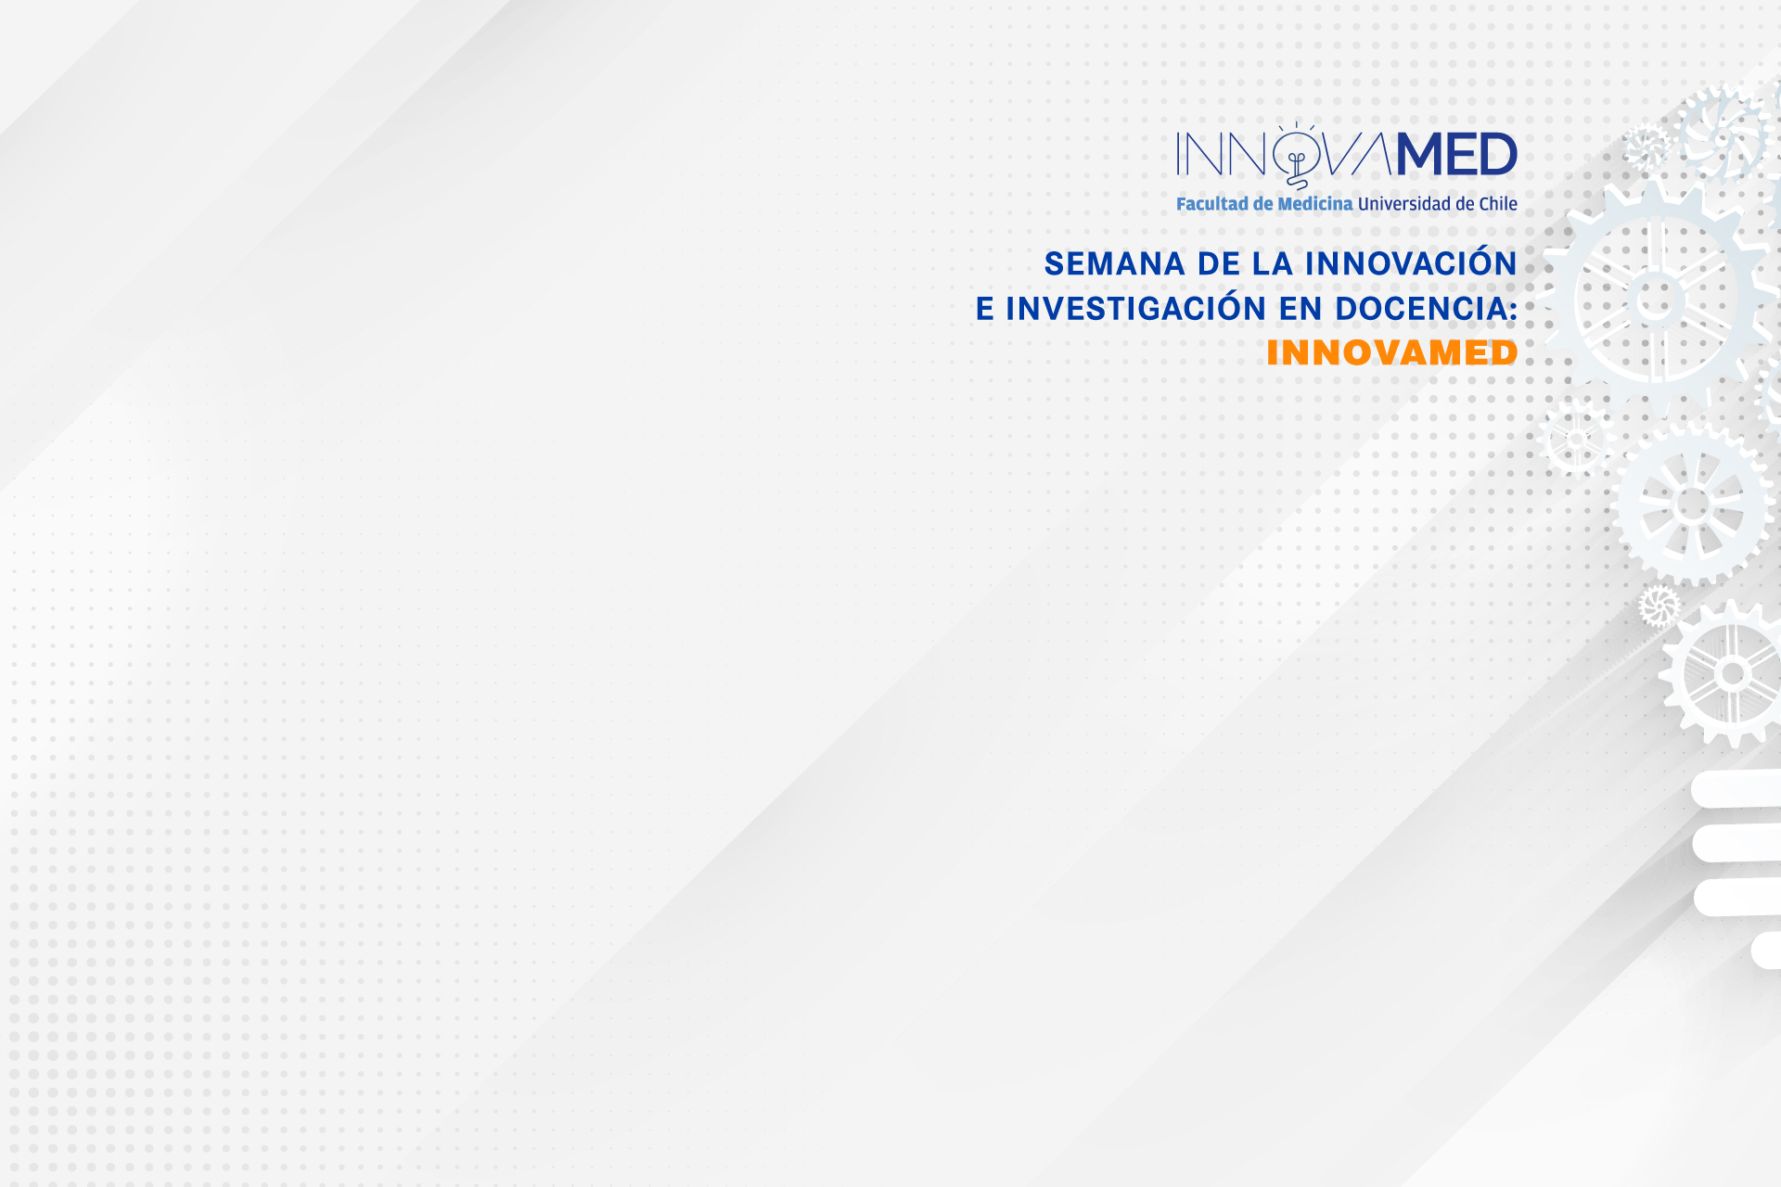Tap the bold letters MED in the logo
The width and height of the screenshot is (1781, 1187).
[x=1456, y=154]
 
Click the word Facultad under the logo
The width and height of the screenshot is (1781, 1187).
[x=1212, y=204]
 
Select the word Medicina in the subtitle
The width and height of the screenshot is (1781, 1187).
[x=1315, y=204]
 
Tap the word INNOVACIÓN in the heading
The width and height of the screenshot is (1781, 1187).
[x=1411, y=262]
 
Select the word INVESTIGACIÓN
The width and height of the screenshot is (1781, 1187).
[x=1136, y=307]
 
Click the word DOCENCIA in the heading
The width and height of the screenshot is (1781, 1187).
[x=1421, y=309]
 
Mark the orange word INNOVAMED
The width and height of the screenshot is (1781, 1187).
[x=1392, y=352]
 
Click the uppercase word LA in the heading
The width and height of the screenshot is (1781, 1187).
[x=1272, y=264]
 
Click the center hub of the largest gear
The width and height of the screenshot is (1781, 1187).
[x=1657, y=300]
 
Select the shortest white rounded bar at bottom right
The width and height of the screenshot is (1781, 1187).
[x=1766, y=951]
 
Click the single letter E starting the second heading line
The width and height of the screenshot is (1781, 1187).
[x=985, y=309]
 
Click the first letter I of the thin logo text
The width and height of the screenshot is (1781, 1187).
[x=1179, y=154]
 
